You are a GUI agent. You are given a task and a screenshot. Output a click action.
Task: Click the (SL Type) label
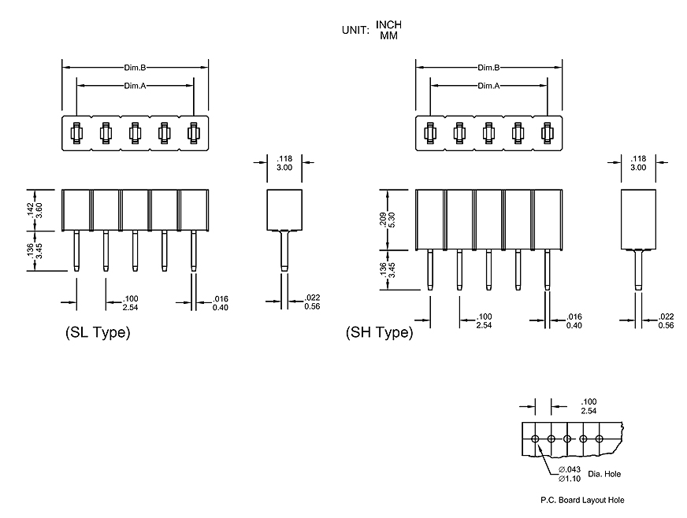97,333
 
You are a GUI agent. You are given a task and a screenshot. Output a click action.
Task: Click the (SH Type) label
379,333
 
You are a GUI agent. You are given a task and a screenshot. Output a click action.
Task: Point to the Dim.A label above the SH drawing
488,85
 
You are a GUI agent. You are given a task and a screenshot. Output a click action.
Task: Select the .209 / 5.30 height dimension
387,220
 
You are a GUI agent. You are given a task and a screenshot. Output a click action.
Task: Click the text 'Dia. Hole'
605,474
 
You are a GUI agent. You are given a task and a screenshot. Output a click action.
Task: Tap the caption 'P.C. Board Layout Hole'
582,500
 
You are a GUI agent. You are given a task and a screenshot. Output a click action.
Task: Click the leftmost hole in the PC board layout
536,438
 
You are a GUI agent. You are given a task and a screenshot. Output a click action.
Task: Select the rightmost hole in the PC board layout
600,438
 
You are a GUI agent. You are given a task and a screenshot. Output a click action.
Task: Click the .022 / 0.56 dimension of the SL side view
313,302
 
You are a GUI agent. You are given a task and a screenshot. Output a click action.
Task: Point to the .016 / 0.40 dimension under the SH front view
574,320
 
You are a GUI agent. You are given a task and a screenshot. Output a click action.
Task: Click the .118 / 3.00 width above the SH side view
638,163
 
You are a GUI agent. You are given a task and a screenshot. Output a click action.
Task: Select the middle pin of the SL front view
135,250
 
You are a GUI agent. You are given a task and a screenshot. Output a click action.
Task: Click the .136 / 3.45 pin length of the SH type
387,270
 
